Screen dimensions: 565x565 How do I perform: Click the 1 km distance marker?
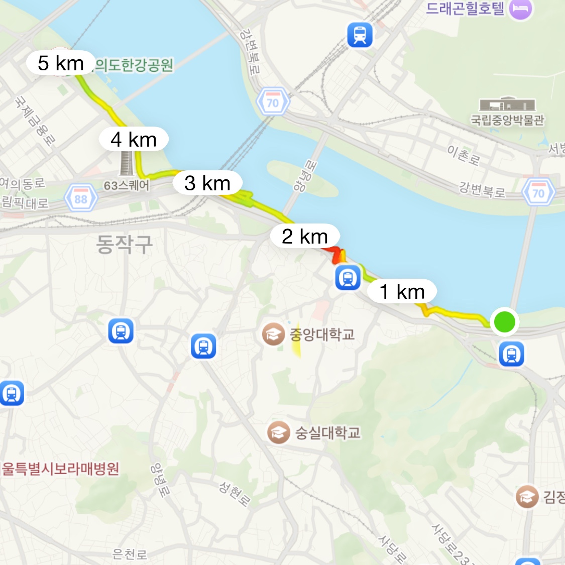(x=402, y=291)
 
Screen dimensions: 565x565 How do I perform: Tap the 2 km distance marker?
(x=305, y=236)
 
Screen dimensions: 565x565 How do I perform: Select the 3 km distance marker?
(x=207, y=183)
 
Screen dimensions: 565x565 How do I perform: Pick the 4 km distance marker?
(x=134, y=140)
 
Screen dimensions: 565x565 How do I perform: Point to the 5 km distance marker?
(x=61, y=63)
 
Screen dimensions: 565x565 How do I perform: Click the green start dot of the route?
(x=504, y=321)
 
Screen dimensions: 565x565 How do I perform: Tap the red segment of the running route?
(x=334, y=253)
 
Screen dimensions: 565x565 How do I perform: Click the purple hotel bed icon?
(x=521, y=9)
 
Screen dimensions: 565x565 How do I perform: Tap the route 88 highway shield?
(x=81, y=199)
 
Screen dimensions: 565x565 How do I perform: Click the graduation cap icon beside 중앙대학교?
(x=274, y=334)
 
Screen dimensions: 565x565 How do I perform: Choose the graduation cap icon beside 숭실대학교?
(x=279, y=432)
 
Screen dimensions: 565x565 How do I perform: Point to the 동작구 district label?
(x=124, y=245)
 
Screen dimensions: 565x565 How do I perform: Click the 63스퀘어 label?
(x=127, y=186)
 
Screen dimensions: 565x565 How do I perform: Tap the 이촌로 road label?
(x=464, y=155)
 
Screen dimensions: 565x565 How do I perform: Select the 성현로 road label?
(x=234, y=493)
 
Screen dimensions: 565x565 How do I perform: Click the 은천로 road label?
(x=130, y=554)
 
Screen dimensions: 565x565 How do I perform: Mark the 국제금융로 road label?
(x=34, y=121)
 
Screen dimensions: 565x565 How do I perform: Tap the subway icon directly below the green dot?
(x=512, y=354)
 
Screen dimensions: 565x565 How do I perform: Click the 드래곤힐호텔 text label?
(x=465, y=9)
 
